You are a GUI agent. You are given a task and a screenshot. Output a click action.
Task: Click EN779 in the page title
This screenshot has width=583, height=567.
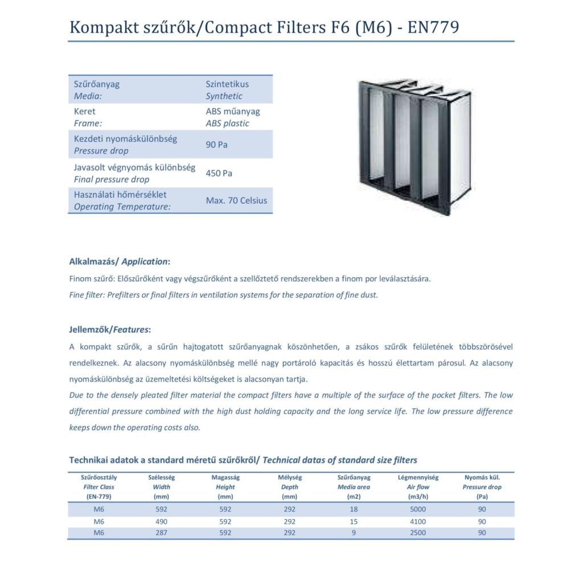pos(430,27)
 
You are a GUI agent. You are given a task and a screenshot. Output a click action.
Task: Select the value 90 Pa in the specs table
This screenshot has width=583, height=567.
pos(216,145)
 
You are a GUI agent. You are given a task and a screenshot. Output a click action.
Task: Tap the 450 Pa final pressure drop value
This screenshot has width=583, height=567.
pos(219,173)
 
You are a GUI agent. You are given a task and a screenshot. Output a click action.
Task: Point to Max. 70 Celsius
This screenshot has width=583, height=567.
pos(236,200)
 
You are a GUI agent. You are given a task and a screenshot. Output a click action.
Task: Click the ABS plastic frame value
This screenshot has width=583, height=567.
pos(227,123)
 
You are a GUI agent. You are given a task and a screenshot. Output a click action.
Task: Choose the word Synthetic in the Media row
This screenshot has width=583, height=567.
pos(224,96)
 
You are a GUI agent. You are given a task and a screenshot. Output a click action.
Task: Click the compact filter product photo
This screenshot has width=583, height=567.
pos(414,146)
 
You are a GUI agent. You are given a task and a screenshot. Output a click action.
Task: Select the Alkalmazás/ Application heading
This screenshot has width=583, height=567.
pos(120,262)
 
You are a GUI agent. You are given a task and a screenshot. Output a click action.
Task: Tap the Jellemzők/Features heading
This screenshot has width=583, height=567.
pos(110,330)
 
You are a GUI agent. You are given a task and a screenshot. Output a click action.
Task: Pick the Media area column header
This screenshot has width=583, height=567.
pos(354,487)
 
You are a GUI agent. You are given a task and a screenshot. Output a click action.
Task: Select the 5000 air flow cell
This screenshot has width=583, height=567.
pos(417,510)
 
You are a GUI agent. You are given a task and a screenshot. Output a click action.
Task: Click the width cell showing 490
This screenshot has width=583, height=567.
pos(161,521)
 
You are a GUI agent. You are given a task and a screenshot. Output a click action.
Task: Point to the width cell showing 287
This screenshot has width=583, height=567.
pos(161,533)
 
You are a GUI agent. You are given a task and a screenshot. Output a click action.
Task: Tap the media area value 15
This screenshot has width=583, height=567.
pos(354,521)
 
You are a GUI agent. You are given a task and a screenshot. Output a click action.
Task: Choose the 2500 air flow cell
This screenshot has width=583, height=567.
pos(417,533)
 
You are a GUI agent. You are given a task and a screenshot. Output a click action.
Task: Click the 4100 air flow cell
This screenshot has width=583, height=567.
pos(417,521)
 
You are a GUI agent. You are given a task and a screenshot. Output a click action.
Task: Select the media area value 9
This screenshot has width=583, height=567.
pos(354,533)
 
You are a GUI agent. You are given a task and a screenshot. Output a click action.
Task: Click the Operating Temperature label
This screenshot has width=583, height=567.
pos(122,207)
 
